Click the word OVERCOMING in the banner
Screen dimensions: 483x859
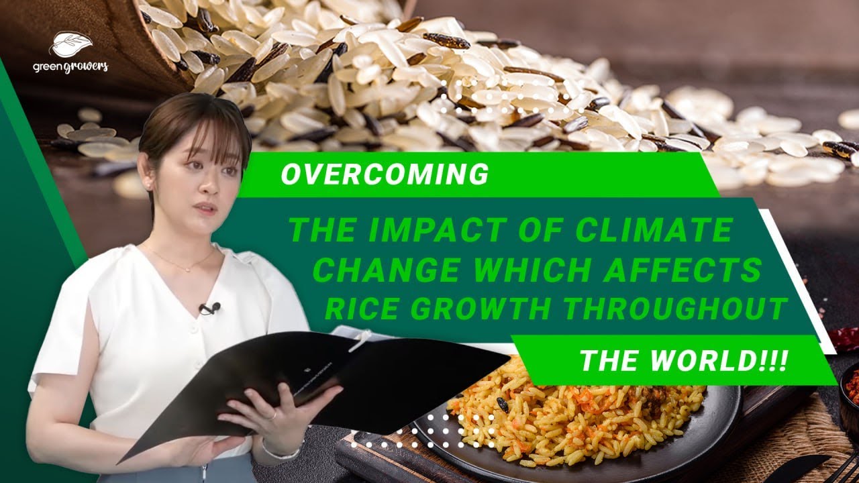385,174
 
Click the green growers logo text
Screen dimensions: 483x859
70,66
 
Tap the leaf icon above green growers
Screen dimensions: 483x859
70,44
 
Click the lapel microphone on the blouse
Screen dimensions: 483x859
209,308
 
